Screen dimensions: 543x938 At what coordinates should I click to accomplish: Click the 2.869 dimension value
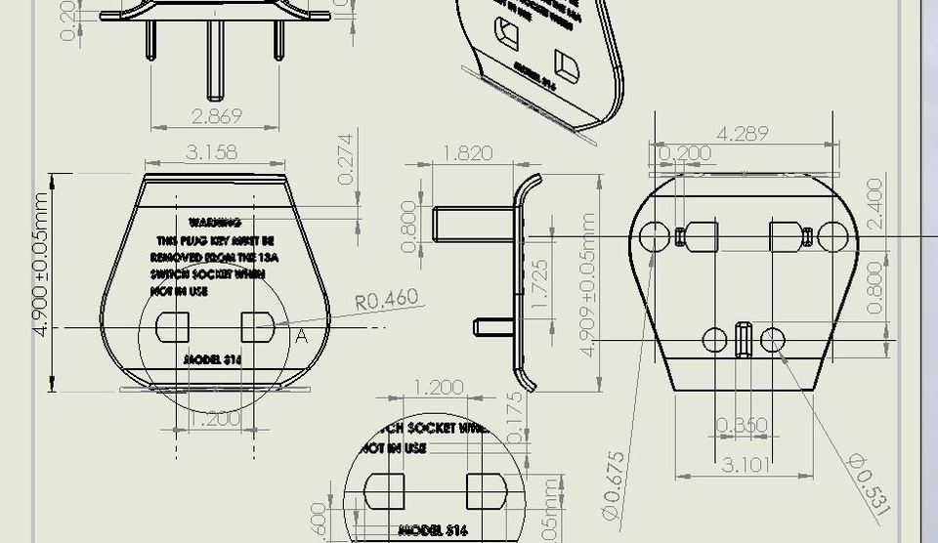point(216,115)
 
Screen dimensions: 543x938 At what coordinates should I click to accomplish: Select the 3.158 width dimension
point(211,152)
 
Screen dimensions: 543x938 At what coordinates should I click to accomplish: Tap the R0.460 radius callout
point(386,300)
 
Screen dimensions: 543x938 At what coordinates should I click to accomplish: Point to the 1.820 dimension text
point(467,153)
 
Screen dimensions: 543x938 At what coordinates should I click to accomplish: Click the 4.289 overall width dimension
point(742,134)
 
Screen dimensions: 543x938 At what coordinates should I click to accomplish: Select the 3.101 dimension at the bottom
point(743,464)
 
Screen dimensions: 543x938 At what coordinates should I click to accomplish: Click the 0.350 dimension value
point(742,426)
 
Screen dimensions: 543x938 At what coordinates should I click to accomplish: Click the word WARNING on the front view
point(215,224)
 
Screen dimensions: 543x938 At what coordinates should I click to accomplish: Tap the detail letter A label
point(301,336)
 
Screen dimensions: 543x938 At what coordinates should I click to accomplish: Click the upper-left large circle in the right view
point(653,235)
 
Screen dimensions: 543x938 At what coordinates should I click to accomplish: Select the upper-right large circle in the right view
point(832,235)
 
